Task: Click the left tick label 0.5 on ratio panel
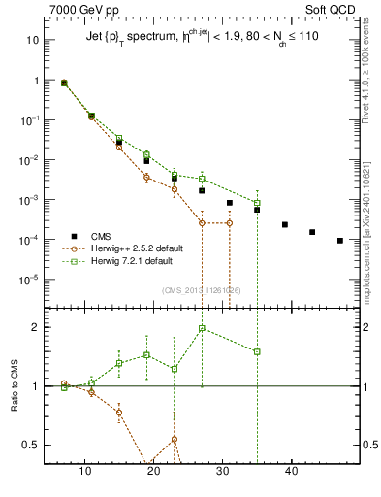31,445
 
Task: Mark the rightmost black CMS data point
340,240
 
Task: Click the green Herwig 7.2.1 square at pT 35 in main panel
257,202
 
